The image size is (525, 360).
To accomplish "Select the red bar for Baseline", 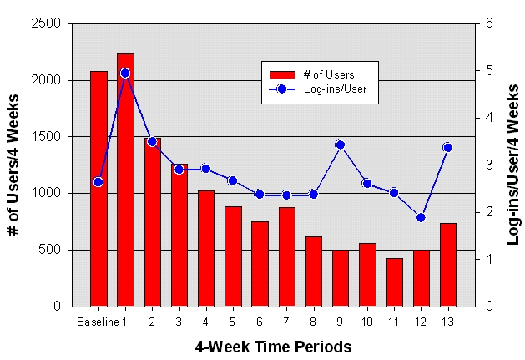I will [x=98, y=188].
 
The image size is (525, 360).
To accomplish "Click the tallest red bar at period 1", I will [x=125, y=180].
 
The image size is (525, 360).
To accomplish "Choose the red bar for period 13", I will [x=447, y=264].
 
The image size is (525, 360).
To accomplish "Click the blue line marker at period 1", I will [x=125, y=74].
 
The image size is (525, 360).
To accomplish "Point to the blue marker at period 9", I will [x=340, y=145].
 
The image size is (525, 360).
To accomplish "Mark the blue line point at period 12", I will [x=421, y=217].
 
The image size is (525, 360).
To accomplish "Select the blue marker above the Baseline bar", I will [x=98, y=181].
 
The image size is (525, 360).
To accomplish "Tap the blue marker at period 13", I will [x=447, y=148].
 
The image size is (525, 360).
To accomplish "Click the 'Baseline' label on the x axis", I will [x=95, y=322].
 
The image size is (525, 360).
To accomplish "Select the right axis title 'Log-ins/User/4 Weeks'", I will [x=512, y=165].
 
